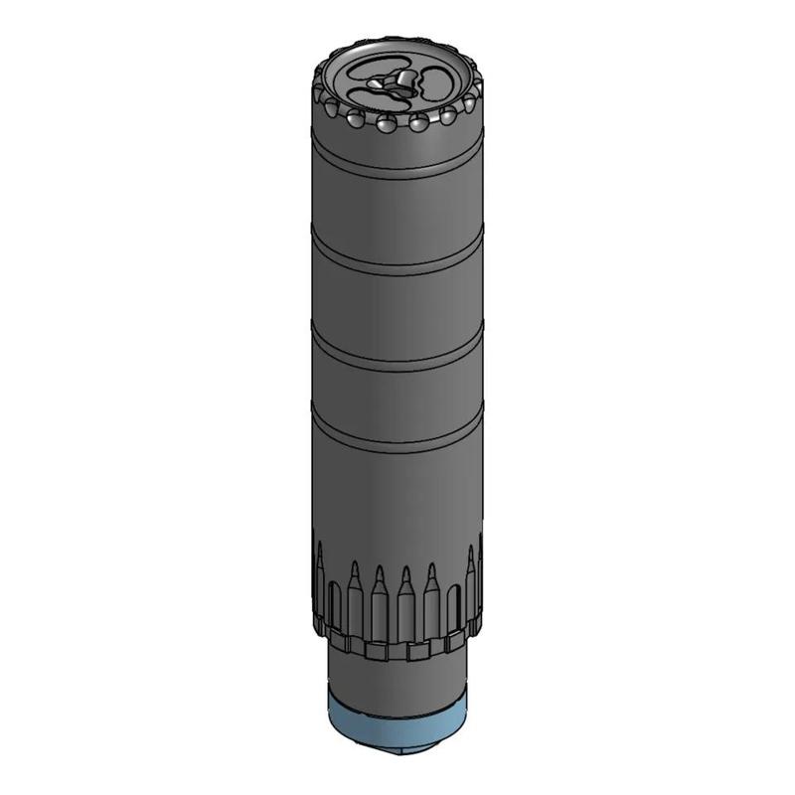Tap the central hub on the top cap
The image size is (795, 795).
(397, 83)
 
